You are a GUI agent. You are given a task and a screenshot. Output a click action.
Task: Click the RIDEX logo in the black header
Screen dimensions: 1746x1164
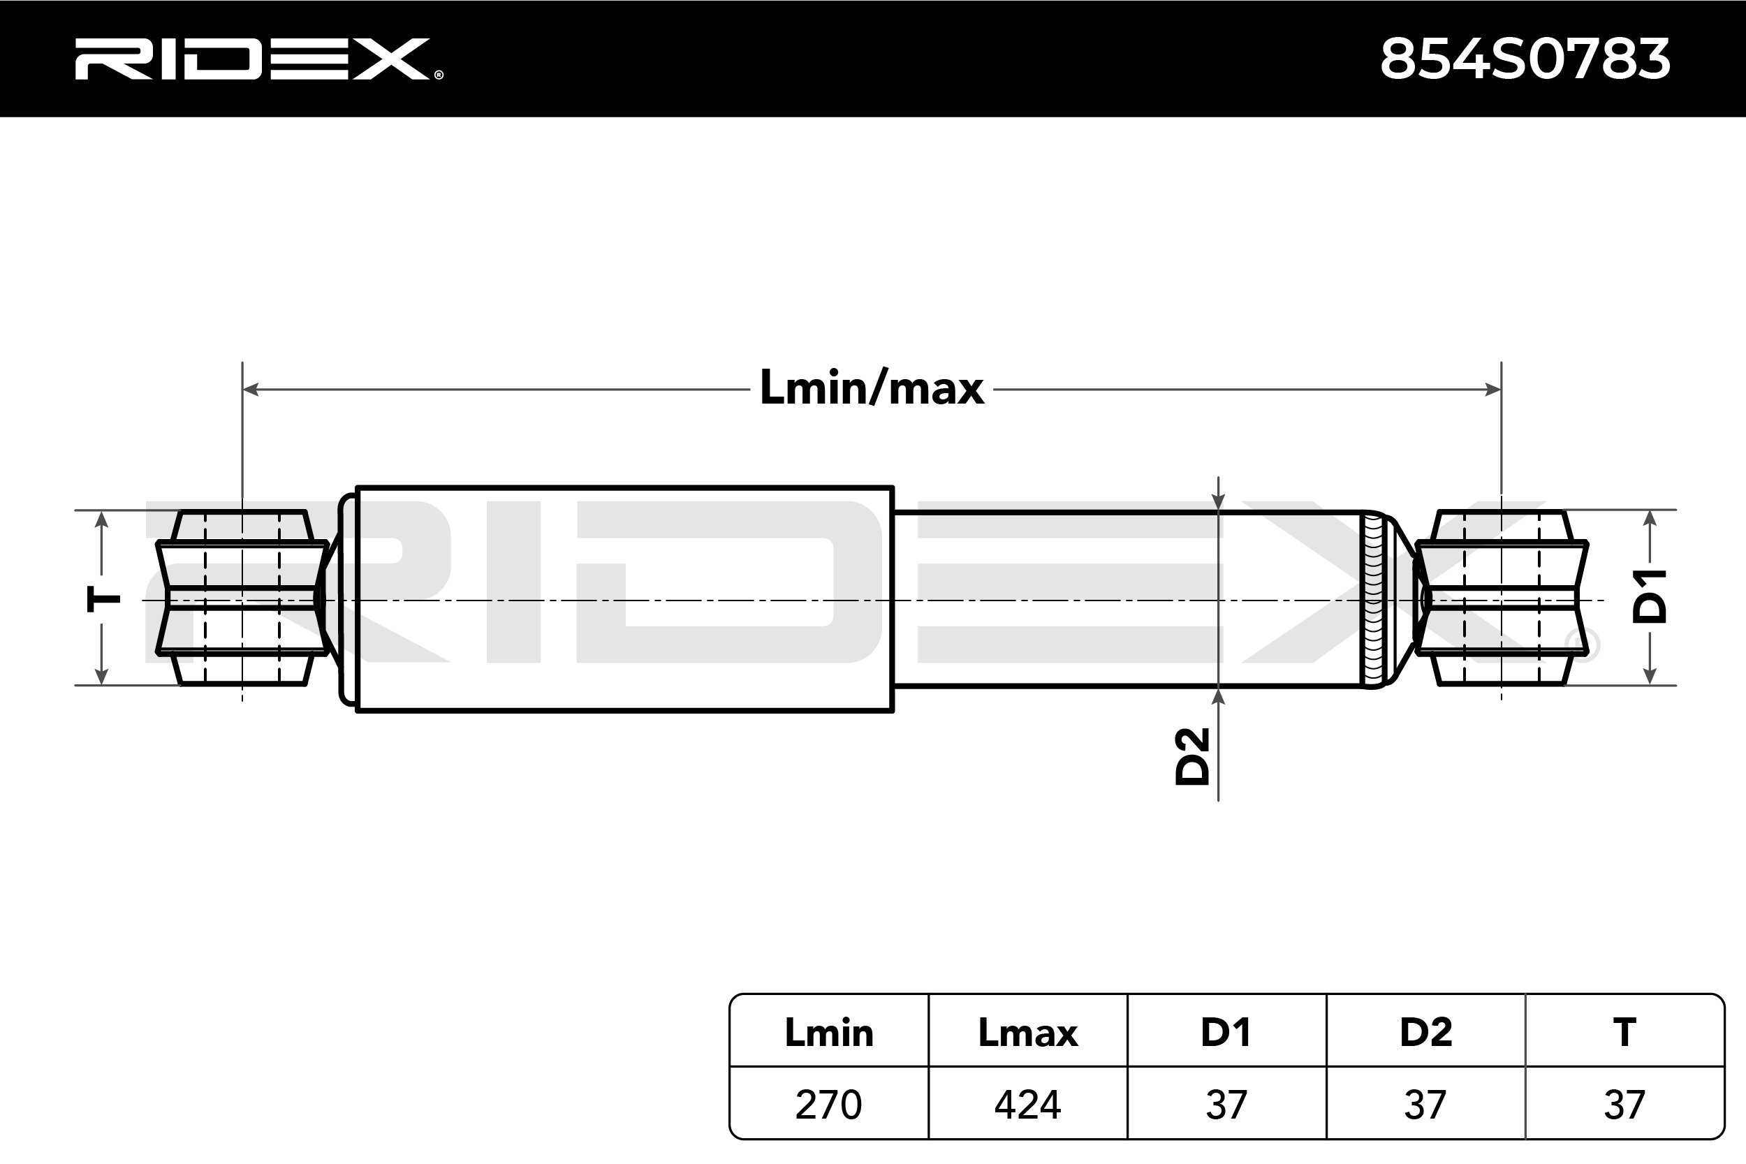tap(258, 59)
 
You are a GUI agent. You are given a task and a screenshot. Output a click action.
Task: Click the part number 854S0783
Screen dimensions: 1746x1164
tap(1525, 59)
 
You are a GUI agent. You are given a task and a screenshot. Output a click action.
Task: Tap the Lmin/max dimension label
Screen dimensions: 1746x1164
tap(872, 388)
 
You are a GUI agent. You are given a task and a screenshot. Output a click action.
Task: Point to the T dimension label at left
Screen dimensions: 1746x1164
tap(104, 598)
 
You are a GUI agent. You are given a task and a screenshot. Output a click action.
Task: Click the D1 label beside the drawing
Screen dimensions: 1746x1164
tap(1650, 596)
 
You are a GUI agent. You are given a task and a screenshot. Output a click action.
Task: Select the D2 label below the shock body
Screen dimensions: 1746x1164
tap(1192, 756)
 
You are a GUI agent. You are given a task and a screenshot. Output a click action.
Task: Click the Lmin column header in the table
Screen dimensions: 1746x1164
tap(829, 1033)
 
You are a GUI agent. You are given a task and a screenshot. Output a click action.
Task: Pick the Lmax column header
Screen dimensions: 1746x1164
tap(1028, 1033)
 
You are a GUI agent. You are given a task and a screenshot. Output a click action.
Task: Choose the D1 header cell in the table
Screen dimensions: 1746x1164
tap(1226, 1033)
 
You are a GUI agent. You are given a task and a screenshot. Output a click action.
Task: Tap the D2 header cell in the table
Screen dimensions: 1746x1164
tap(1425, 1033)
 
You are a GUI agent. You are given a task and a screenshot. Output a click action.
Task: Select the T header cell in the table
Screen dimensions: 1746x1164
tap(1624, 1033)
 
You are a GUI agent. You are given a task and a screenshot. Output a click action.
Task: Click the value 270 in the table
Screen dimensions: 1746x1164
tap(828, 1105)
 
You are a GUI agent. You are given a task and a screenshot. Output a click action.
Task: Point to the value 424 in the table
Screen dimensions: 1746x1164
tap(1028, 1105)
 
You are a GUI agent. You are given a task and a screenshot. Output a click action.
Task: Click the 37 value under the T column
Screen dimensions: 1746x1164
tap(1624, 1105)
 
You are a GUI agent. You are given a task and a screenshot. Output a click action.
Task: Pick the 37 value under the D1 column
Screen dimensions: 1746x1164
tap(1226, 1105)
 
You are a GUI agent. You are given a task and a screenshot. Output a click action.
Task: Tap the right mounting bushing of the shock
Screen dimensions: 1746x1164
tap(1501, 598)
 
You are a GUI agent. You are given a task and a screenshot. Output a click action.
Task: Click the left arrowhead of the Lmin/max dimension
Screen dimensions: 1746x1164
tap(250, 389)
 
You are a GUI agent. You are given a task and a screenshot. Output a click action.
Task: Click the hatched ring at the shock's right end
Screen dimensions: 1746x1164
tap(1373, 598)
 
